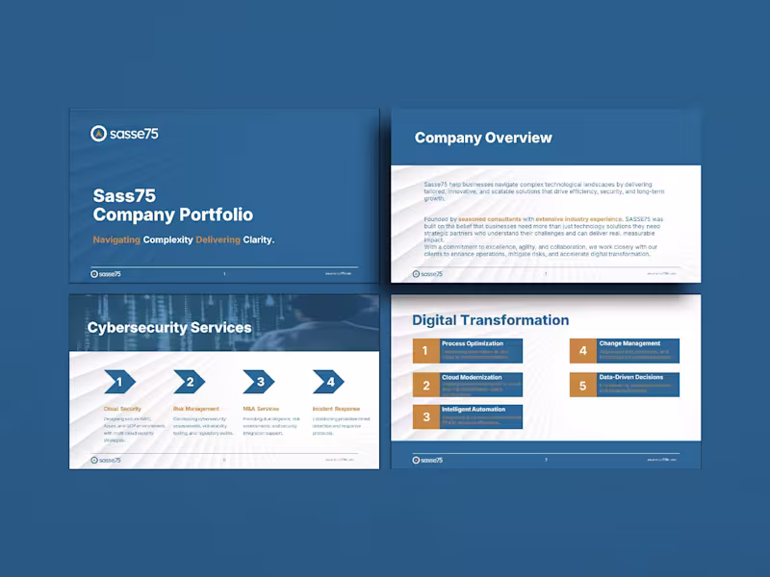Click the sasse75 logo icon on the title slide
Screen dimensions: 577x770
click(98, 134)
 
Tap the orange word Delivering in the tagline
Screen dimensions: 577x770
click(219, 239)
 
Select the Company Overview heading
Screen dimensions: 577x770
click(483, 138)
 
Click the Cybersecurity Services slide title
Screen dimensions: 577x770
click(168, 328)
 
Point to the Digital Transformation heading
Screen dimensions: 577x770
click(490, 320)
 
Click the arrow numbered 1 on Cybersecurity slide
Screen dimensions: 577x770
click(118, 382)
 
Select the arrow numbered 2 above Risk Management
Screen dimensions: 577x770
click(190, 382)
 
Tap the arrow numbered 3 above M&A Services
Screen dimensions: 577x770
click(259, 382)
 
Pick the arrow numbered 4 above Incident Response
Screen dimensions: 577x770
click(329, 382)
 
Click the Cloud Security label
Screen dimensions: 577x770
click(122, 409)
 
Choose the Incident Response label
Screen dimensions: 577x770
click(337, 409)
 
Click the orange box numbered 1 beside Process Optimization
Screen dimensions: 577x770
click(425, 351)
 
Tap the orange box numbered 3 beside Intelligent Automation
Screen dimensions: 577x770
click(425, 416)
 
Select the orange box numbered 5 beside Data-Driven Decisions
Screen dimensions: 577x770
click(582, 386)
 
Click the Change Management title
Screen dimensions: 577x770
click(629, 343)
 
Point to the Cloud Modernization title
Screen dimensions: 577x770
click(472, 377)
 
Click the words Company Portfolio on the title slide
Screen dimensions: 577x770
click(173, 215)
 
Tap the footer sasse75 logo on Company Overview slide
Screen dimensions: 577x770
click(428, 273)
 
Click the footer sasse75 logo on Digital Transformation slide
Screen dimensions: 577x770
click(428, 460)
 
